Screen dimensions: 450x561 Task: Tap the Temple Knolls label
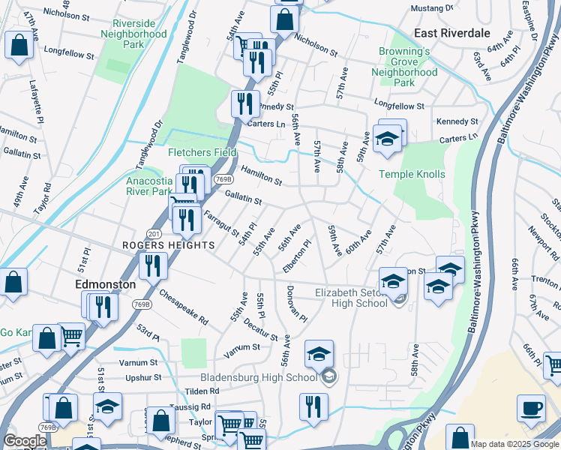click(412, 174)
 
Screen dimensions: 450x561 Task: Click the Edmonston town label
click(106, 285)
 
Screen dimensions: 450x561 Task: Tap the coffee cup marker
click(531, 409)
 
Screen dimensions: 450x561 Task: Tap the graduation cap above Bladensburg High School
click(319, 354)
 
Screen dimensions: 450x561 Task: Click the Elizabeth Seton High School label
click(351, 298)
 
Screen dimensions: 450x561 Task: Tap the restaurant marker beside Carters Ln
click(244, 104)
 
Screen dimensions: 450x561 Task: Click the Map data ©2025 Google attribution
click(514, 444)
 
